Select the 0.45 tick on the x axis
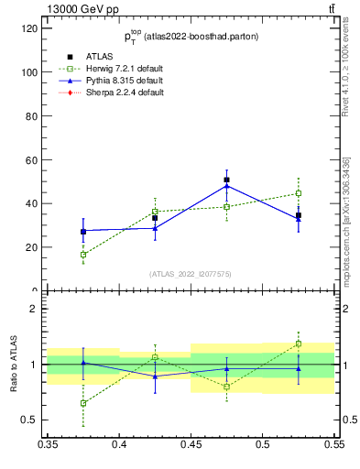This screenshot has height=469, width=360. pos(191,443)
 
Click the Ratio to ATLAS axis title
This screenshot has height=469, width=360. pos(13,365)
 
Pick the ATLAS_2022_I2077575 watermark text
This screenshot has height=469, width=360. pos(191,273)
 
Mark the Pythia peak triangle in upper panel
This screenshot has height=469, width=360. pos(226,186)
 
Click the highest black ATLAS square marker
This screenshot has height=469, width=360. pos(226,180)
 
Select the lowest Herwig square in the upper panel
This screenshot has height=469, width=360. pos(83,255)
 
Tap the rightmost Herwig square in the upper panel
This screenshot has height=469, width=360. pos(298,193)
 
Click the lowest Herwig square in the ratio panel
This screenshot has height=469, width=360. pos(83,403)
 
